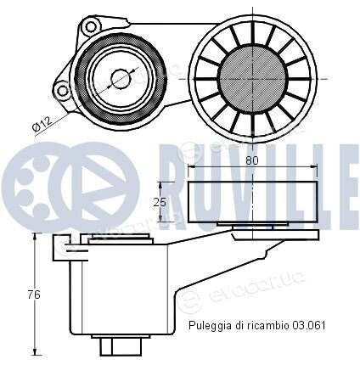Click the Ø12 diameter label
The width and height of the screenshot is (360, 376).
pyautogui.click(x=42, y=123)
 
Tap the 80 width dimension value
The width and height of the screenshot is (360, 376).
pyautogui.click(x=252, y=160)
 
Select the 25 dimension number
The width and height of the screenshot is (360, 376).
pyautogui.click(x=160, y=202)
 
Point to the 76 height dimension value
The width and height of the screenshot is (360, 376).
pyautogui.click(x=34, y=295)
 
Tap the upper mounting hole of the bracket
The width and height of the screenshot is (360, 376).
pyautogui.click(x=91, y=27)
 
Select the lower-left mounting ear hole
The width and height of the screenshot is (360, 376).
pyautogui.click(x=63, y=91)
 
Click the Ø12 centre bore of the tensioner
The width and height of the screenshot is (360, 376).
pyautogui.click(x=121, y=79)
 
